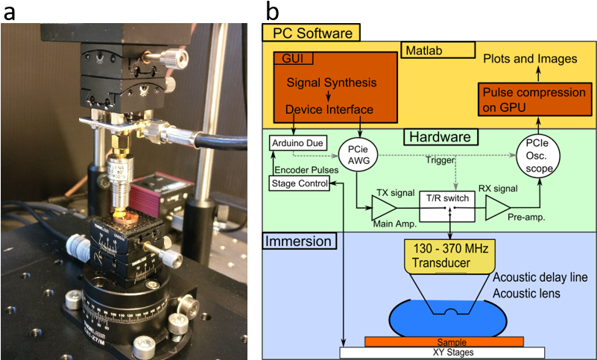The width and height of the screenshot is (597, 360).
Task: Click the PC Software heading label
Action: click(312, 34)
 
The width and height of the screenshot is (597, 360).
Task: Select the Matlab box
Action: click(438, 50)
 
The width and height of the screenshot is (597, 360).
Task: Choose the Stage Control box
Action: click(299, 181)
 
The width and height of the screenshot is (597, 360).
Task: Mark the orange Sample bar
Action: click(443, 341)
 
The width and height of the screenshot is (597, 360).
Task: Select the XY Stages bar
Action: click(443, 353)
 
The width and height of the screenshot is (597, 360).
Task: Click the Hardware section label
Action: click(440, 137)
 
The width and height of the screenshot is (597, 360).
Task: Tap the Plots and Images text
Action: click(530, 59)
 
